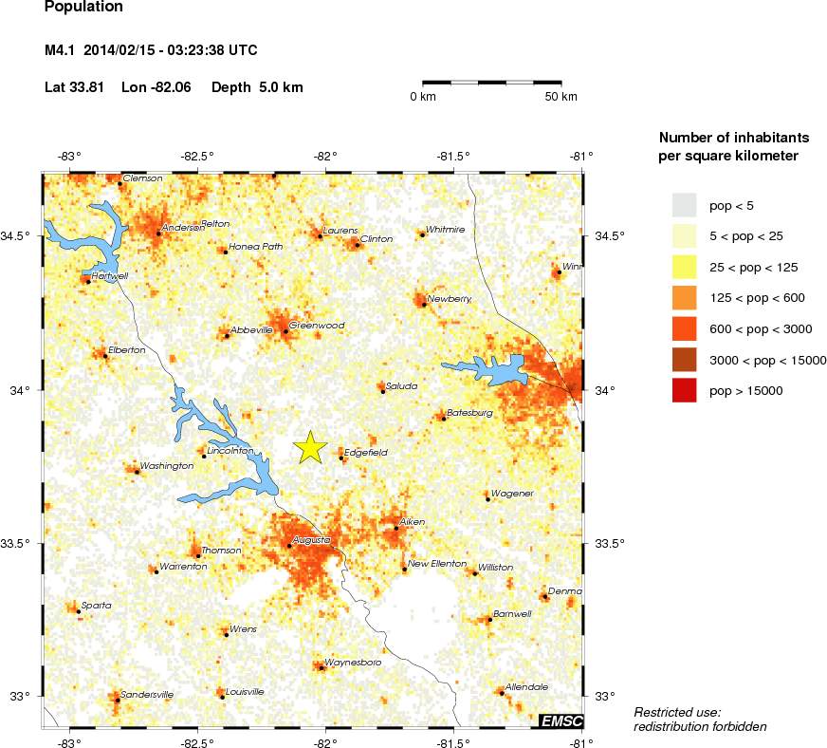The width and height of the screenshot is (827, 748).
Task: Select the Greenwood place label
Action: pyautogui.click(x=317, y=326)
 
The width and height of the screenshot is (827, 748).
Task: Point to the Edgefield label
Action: pyautogui.click(x=365, y=453)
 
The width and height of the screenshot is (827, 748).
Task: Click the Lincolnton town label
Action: pyautogui.click(x=230, y=451)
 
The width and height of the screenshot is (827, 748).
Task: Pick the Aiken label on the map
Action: pyautogui.click(x=413, y=522)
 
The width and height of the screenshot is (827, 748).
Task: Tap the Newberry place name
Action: pyautogui.click(x=450, y=299)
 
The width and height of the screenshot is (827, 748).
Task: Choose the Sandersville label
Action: pyautogui.click(x=147, y=695)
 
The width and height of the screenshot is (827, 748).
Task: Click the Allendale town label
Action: pyautogui.click(x=526, y=686)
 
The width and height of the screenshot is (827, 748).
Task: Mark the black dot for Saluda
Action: pyautogui.click(x=382, y=391)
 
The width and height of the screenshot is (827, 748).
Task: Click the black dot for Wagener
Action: pyautogui.click(x=487, y=498)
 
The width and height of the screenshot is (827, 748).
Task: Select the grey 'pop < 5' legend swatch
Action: pyautogui.click(x=684, y=204)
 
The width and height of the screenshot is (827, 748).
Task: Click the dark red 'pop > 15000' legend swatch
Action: pyautogui.click(x=684, y=390)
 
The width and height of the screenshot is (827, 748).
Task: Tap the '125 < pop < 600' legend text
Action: pyautogui.click(x=757, y=298)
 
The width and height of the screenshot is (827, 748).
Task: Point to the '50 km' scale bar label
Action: pyautogui.click(x=561, y=98)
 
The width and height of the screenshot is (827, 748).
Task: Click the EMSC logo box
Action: pyautogui.click(x=561, y=721)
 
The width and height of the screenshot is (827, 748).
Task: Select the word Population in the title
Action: pyautogui.click(x=83, y=6)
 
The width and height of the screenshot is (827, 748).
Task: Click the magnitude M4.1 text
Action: pyautogui.click(x=61, y=50)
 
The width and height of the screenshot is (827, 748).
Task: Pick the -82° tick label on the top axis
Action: pyautogui.click(x=325, y=156)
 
